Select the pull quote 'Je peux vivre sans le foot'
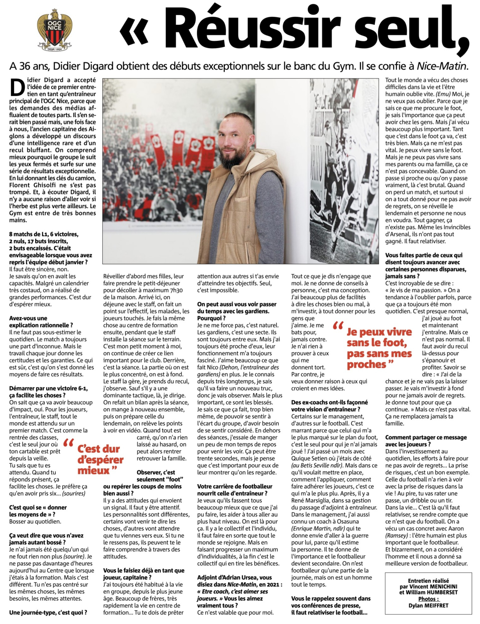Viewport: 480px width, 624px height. coord(378,348)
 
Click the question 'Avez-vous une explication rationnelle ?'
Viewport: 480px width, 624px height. coord(41,321)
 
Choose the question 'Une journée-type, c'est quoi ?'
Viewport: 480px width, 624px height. coord(48,612)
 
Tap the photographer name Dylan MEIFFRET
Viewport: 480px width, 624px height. coord(428,605)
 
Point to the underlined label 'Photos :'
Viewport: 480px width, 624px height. coord(429,599)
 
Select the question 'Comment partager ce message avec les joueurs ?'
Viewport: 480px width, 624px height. coord(426,441)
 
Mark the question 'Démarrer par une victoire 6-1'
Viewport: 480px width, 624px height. coord(43,391)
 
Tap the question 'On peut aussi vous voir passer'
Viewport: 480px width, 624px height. coord(237,308)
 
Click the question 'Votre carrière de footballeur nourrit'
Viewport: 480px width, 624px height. coord(235,489)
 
